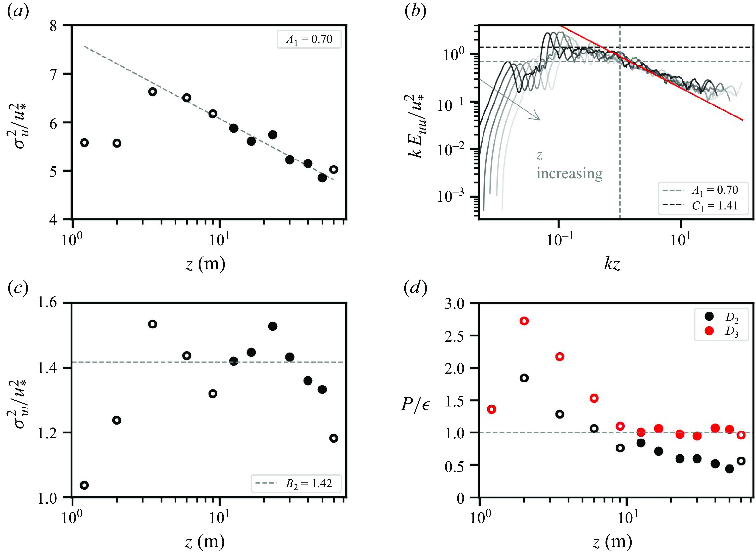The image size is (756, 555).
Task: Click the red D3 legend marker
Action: point(709,331)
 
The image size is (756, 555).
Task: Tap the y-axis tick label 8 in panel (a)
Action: point(53,26)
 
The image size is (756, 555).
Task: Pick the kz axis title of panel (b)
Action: point(612,264)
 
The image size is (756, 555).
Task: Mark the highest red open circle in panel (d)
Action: point(524,321)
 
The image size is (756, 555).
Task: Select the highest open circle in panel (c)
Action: point(153,324)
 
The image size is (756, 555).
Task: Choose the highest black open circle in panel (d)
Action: point(524,378)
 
